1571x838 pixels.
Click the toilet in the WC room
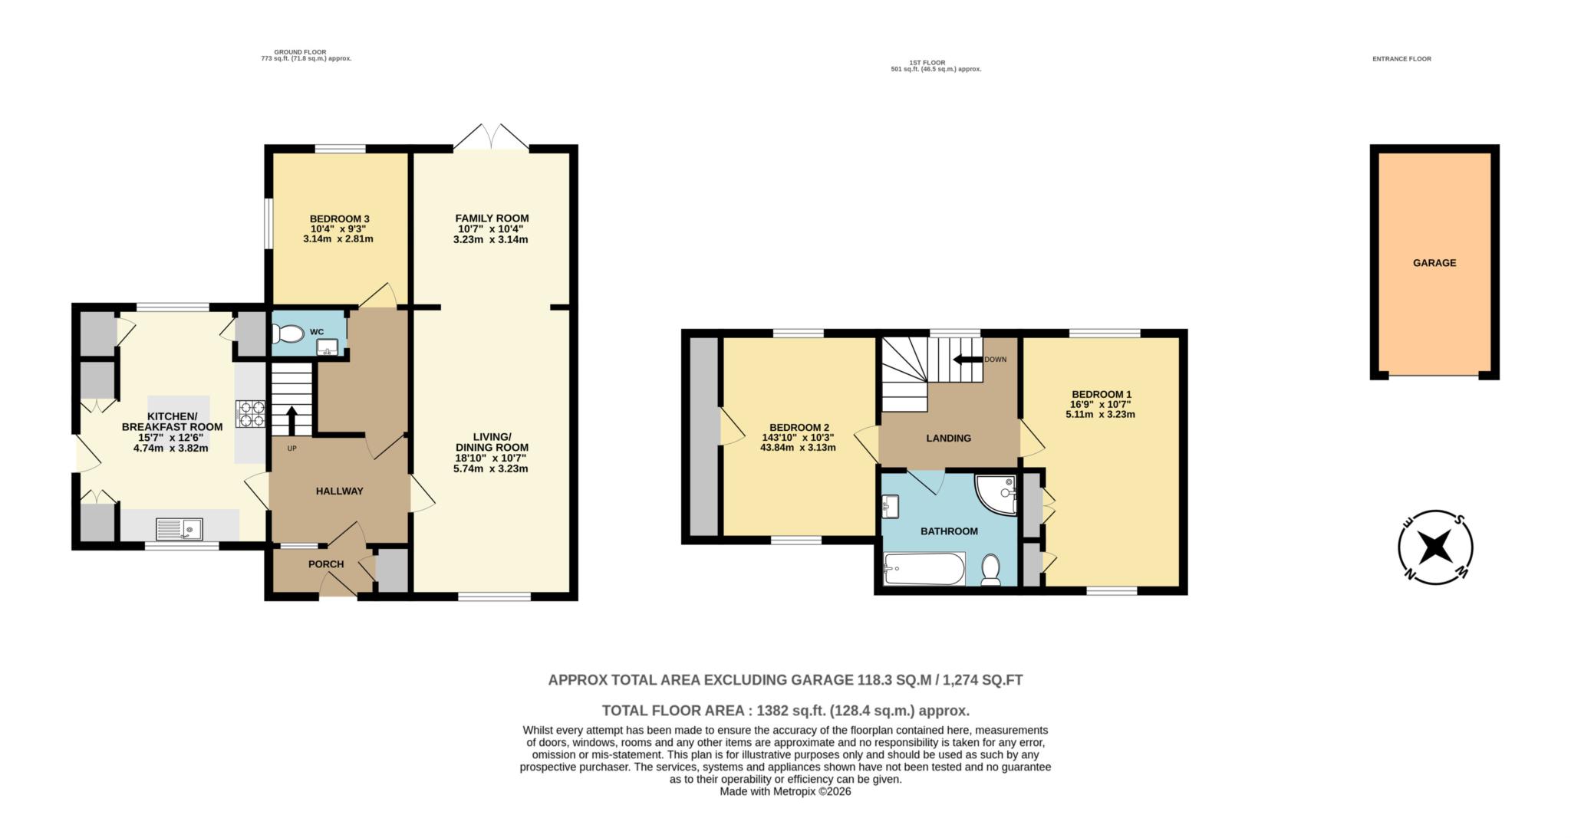[x=288, y=334]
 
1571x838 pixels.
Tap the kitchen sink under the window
[x=179, y=528]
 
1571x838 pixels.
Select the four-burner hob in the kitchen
[x=252, y=414]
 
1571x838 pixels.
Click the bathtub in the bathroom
[x=923, y=569]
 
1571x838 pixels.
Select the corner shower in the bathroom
[x=996, y=494]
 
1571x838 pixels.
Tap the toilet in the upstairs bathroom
[x=991, y=570]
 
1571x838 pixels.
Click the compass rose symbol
[x=1435, y=547]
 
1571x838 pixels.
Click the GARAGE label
[x=1434, y=263]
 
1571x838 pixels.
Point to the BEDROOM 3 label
[x=339, y=219]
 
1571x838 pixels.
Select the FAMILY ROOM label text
[x=492, y=219]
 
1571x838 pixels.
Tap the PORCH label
[x=326, y=564]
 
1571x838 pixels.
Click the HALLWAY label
[x=339, y=491]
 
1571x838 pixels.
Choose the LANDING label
[x=948, y=439]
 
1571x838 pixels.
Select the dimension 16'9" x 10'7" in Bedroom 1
[x=1100, y=405]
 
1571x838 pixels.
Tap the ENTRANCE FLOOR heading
[x=1401, y=59]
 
